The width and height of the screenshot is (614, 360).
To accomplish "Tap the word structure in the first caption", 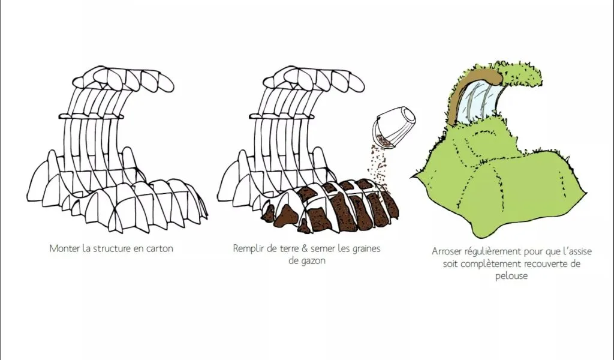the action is (x=111, y=248).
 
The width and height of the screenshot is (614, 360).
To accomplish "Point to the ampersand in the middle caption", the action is (x=305, y=248).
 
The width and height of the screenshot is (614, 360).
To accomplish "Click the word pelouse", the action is (x=511, y=276).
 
